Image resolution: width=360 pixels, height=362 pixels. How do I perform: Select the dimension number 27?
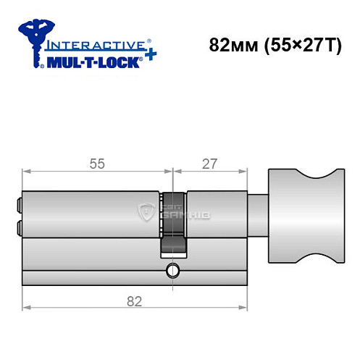click(209, 164)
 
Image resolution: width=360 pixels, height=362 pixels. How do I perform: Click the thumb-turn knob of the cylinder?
click(302, 217)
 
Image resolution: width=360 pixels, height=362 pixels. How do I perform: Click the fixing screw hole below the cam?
click(172, 271)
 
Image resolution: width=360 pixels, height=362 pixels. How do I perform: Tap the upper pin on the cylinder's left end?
click(17, 204)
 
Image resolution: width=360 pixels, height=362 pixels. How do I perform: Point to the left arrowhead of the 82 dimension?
click(26, 306)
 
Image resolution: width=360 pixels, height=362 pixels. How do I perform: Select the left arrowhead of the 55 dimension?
click(26, 172)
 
